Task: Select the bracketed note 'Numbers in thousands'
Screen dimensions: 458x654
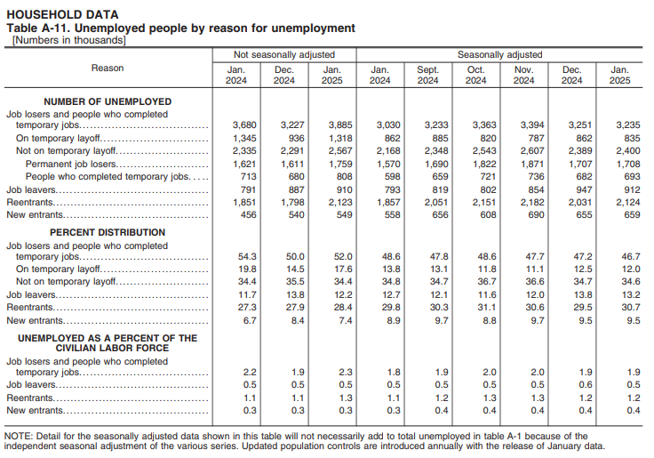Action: click(x=69, y=40)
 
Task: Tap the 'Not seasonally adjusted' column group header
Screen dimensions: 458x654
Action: click(x=283, y=54)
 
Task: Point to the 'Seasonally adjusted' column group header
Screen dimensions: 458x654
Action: click(x=499, y=54)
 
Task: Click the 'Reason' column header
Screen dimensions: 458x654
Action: click(x=108, y=68)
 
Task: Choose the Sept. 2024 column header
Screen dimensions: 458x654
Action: click(x=427, y=75)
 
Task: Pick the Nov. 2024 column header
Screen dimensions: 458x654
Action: click(x=523, y=75)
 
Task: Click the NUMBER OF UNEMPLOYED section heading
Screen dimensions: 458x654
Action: click(x=108, y=101)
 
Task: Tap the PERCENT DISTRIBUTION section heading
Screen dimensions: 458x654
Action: click(x=108, y=232)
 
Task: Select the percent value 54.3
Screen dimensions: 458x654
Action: click(x=247, y=256)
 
